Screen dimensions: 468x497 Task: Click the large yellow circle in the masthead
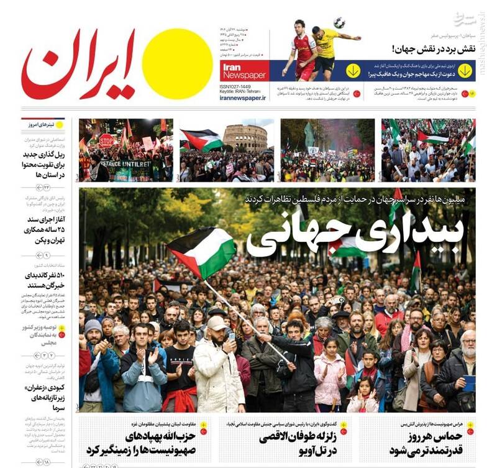pos(177,64)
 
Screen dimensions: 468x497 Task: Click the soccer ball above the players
pos(339,22)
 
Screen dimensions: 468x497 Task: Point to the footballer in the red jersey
pos(304,52)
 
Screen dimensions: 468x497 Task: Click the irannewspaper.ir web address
pos(243,97)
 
